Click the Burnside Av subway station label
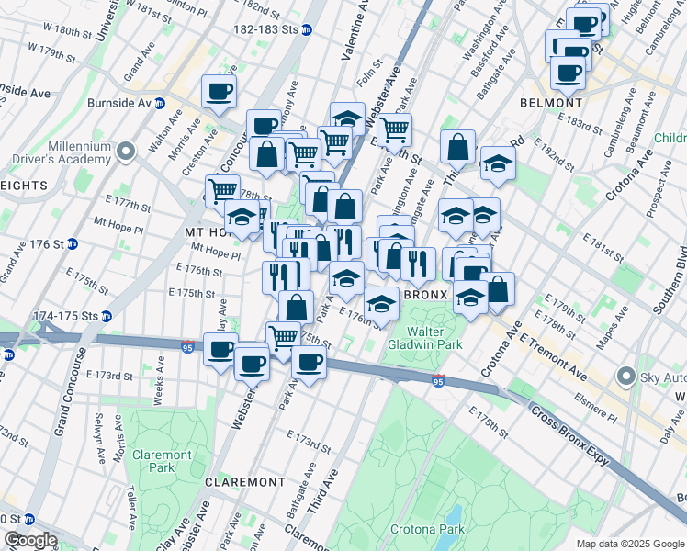point(126,103)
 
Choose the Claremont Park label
point(162,461)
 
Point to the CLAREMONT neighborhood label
point(244,482)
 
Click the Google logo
point(29,540)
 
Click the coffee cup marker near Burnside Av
point(219,92)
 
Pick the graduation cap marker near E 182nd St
point(497,163)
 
